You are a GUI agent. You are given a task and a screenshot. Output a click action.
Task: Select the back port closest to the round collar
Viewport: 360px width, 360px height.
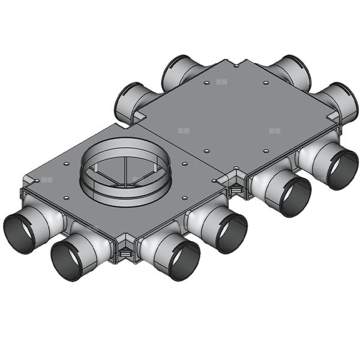click(131, 102)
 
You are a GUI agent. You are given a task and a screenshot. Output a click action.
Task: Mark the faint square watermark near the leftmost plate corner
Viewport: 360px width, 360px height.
click(47, 179)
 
